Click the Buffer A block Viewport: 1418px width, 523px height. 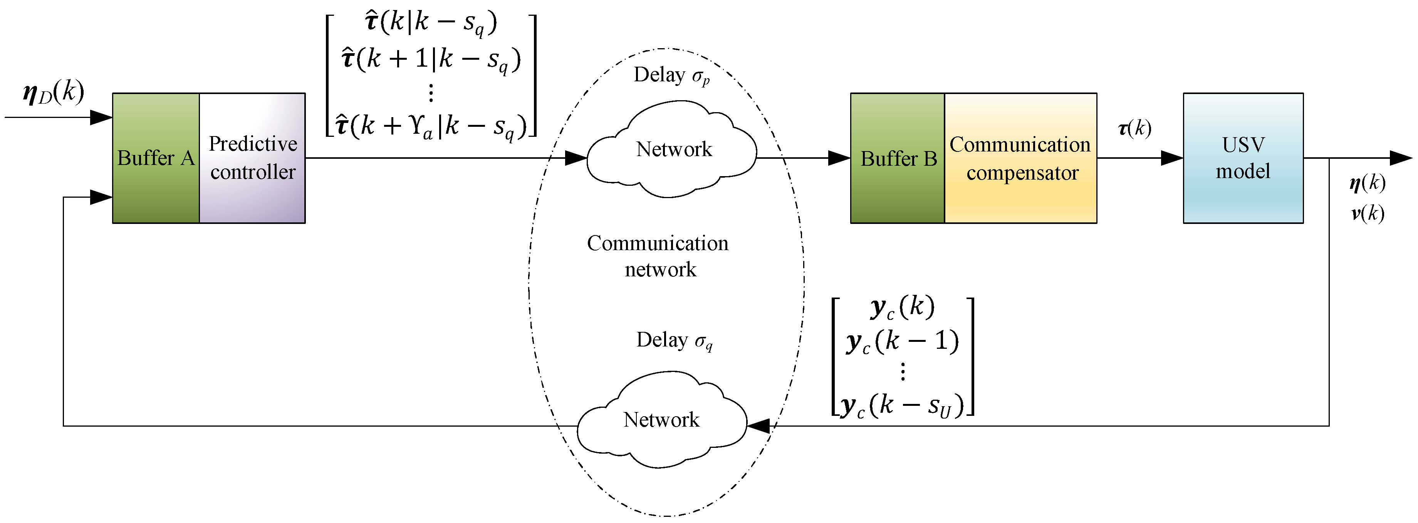pos(156,158)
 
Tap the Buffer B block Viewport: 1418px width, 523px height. pos(898,158)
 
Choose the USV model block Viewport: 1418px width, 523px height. pos(1243,158)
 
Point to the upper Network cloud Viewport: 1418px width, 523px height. pos(673,149)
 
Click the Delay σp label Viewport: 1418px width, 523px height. pos(671,76)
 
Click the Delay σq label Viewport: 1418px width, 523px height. pos(674,340)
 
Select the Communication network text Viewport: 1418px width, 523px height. pos(658,256)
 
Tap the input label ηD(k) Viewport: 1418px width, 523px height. pos(54,92)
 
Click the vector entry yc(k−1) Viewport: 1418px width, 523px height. pos(903,341)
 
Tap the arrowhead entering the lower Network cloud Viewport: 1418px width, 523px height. pos(759,425)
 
